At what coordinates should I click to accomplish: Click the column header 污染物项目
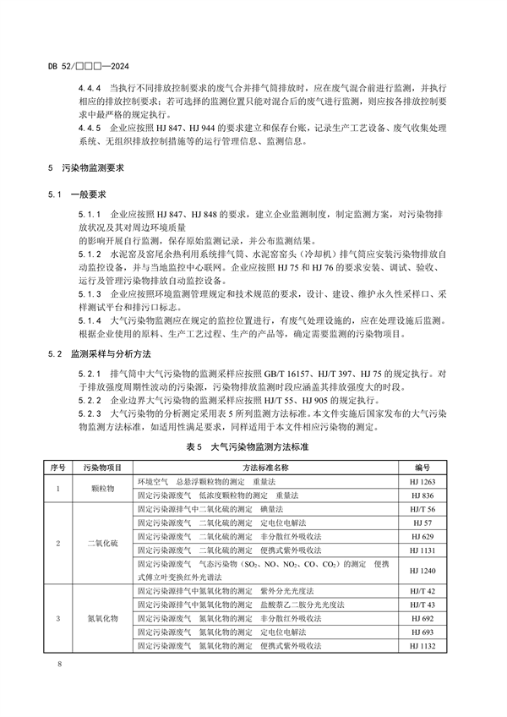coord(103,466)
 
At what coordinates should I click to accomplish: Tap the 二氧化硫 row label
coord(103,542)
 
